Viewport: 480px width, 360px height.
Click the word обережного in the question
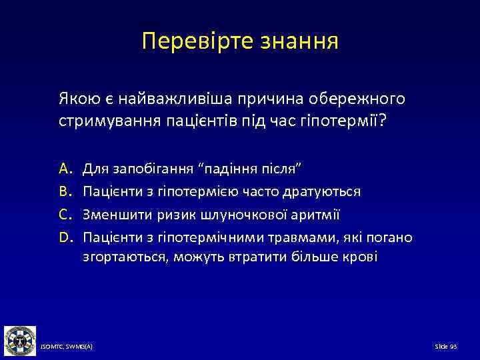[x=357, y=99]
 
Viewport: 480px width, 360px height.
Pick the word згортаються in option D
[x=125, y=257]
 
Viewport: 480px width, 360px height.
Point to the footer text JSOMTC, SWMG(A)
[x=66, y=347]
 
